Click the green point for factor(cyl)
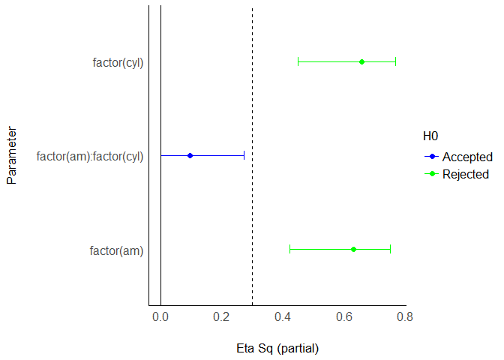361,61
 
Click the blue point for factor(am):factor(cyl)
190,155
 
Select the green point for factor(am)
353,249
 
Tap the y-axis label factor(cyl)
118,62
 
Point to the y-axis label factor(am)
116,250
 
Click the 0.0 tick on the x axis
160,317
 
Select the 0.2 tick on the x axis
221,317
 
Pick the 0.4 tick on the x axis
283,317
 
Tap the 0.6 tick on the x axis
343,317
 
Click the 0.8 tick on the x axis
405,317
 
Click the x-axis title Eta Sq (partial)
277,348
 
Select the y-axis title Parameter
12,155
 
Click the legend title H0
430,136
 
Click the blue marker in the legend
431,157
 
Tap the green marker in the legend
431,174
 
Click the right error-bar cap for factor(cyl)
395,61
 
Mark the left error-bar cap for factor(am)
289,249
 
